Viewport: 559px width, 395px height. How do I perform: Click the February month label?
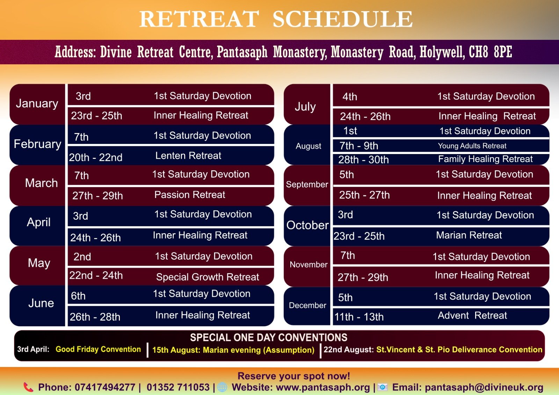(x=37, y=145)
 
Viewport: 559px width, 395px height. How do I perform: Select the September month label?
(x=307, y=185)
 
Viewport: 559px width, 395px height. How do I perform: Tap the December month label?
(x=307, y=305)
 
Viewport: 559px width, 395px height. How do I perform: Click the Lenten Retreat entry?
(x=188, y=156)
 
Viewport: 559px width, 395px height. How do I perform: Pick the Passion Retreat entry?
(x=190, y=195)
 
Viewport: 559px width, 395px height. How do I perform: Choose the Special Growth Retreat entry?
(x=208, y=277)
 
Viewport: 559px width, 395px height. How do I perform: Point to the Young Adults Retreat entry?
(x=472, y=146)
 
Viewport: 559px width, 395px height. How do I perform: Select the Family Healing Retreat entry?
(x=485, y=159)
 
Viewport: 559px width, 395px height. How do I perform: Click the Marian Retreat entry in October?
(x=469, y=235)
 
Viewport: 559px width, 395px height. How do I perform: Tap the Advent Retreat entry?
(x=472, y=315)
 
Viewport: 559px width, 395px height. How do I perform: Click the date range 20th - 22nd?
(x=96, y=158)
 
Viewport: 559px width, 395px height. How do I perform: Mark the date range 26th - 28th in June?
(x=95, y=317)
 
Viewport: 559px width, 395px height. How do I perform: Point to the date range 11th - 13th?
(x=359, y=317)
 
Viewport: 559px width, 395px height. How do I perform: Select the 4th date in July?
(x=350, y=97)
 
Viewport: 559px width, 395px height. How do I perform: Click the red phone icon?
(x=28, y=387)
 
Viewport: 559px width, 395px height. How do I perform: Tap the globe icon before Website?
(x=222, y=387)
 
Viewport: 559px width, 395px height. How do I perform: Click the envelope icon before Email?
(x=383, y=387)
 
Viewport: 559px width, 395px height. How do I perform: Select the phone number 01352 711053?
(x=178, y=387)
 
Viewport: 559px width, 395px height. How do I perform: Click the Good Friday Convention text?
(x=98, y=349)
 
